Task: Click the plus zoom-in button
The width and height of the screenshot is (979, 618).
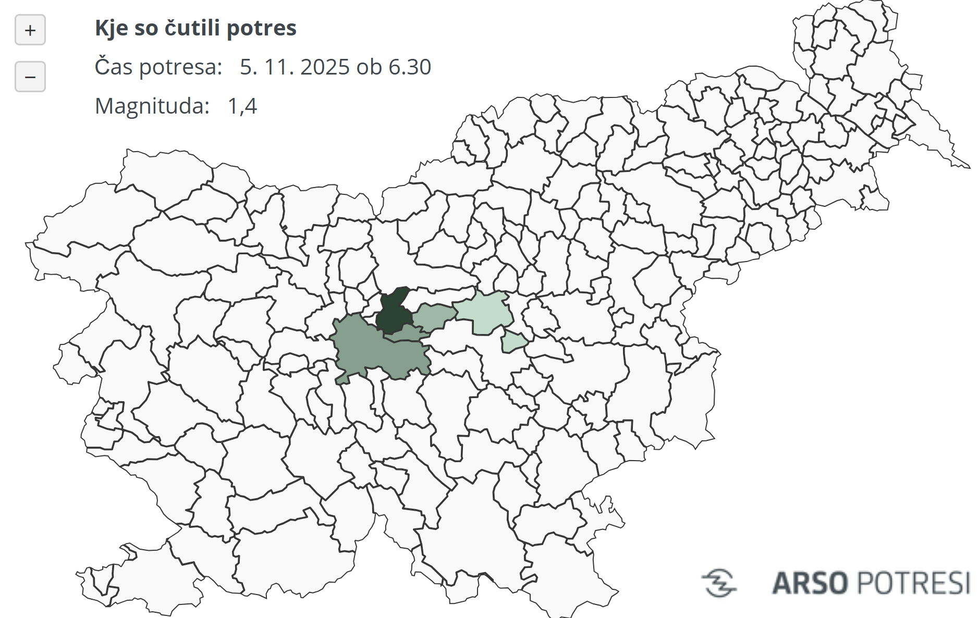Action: [x=30, y=30]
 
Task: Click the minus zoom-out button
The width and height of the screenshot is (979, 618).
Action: [x=30, y=77]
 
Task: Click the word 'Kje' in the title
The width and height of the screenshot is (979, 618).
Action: [x=112, y=28]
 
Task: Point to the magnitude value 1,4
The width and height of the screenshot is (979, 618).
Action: [x=242, y=106]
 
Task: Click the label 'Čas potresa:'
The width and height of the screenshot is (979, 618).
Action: [x=158, y=67]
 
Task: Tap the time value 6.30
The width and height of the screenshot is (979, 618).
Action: [x=410, y=67]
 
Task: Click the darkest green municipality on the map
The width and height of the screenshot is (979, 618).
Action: [x=393, y=313]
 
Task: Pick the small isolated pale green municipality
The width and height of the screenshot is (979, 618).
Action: [x=513, y=342]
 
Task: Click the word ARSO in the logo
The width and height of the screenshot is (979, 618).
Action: [x=810, y=583]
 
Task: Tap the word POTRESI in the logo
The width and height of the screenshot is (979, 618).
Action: [x=913, y=583]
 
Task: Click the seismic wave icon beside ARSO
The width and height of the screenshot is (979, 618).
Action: [x=719, y=583]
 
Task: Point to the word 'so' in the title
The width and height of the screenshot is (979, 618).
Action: [x=146, y=28]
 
